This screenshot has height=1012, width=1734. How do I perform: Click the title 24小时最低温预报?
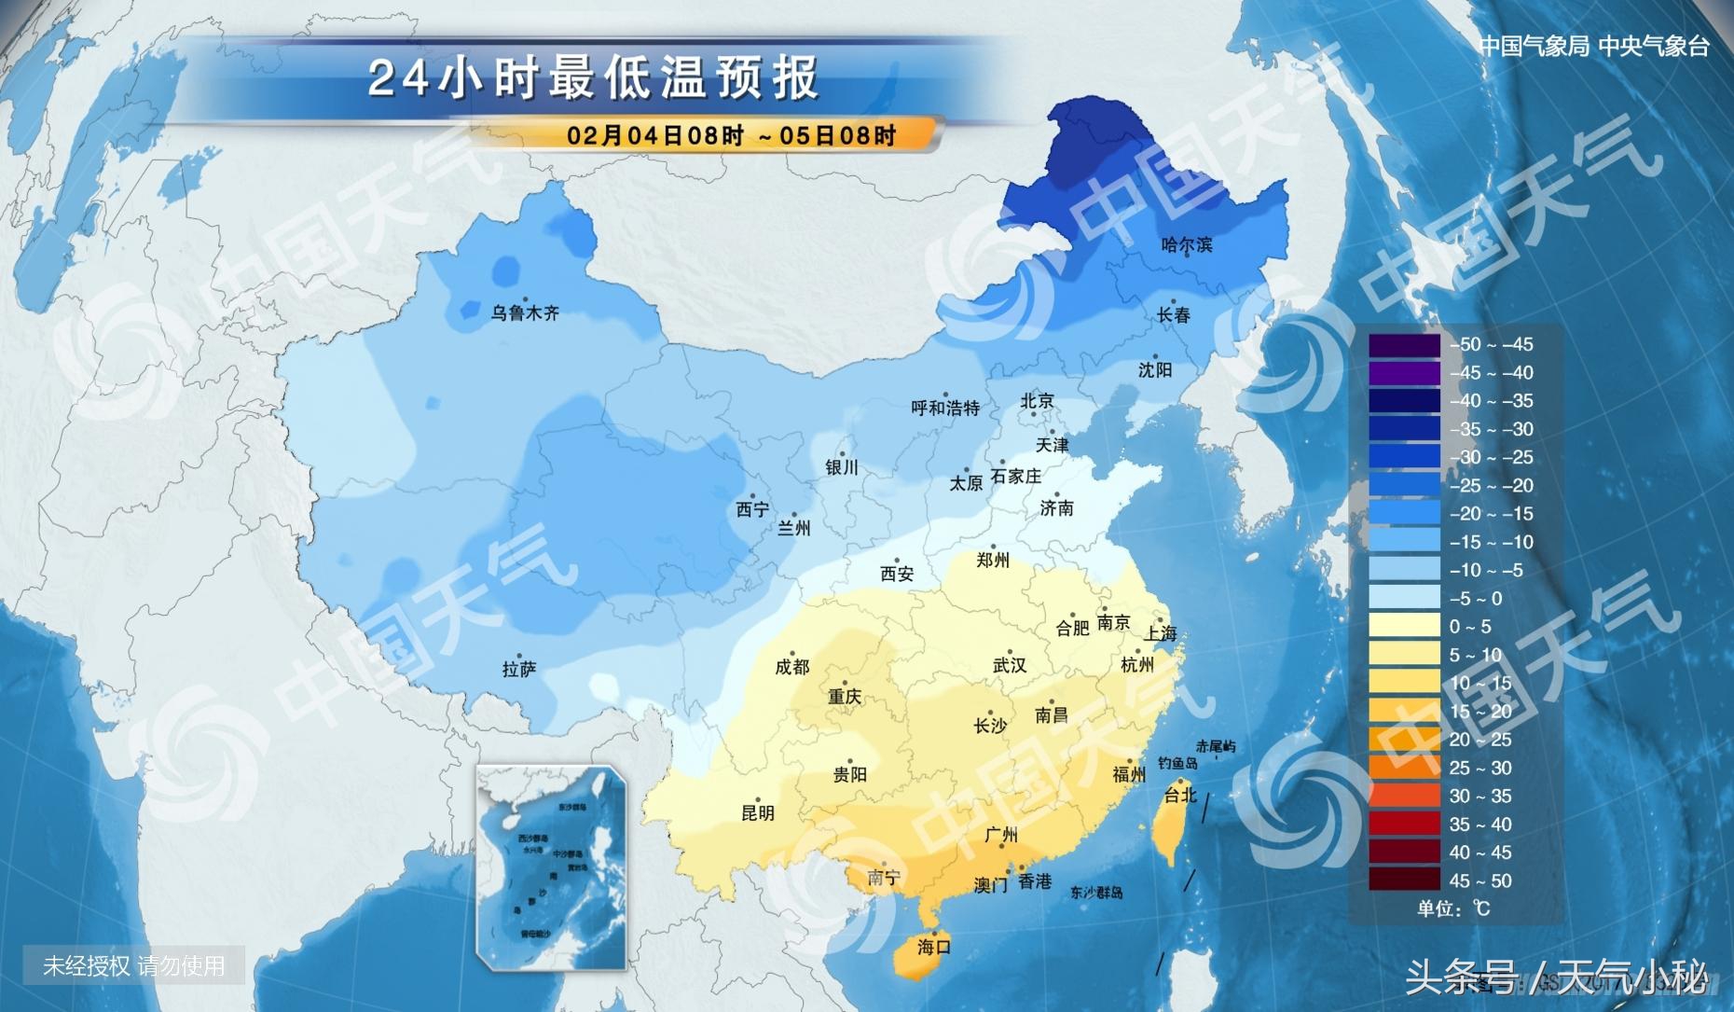pyautogui.click(x=593, y=78)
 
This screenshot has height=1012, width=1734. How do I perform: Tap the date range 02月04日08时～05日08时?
pyautogui.click(x=731, y=136)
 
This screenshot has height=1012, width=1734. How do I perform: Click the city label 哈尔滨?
pyautogui.click(x=1187, y=245)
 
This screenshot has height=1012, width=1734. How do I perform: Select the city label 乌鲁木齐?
pyautogui.click(x=525, y=313)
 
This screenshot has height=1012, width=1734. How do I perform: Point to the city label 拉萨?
pyautogui.click(x=519, y=669)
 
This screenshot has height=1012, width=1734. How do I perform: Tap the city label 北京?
pyautogui.click(x=1037, y=401)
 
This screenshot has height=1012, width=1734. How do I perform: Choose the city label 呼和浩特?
pyautogui.click(x=945, y=408)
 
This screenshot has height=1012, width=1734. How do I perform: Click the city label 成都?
pyautogui.click(x=792, y=667)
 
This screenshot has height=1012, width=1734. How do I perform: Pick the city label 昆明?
pyautogui.click(x=757, y=812)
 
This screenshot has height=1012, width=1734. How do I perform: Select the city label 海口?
pyautogui.click(x=933, y=947)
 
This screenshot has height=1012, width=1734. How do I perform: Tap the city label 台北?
pyautogui.click(x=1179, y=795)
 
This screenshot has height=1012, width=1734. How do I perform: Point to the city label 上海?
pyautogui.click(x=1161, y=634)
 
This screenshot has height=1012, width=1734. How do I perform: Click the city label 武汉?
pyautogui.click(x=1010, y=665)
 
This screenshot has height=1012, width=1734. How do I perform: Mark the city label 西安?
pyautogui.click(x=897, y=575)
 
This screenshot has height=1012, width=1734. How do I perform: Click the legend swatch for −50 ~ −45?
pyautogui.click(x=1404, y=345)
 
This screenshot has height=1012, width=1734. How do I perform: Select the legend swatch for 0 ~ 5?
pyautogui.click(x=1404, y=626)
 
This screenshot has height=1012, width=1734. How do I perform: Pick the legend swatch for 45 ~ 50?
pyautogui.click(x=1404, y=880)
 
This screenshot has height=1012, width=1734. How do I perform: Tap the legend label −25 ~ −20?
pyautogui.click(x=1491, y=486)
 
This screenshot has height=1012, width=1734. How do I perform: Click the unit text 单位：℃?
pyautogui.click(x=1453, y=908)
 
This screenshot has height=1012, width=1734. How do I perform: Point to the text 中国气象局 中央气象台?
pyautogui.click(x=1594, y=47)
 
